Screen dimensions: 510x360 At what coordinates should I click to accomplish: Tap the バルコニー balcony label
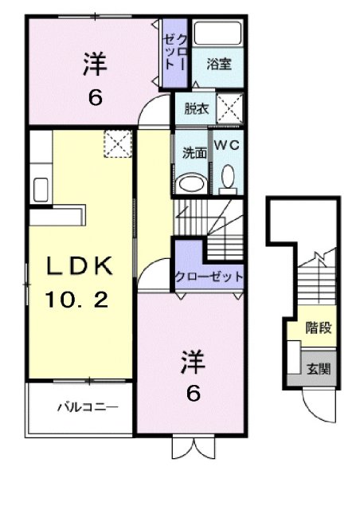(87, 408)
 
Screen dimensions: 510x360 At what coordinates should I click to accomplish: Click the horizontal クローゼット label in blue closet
(209, 277)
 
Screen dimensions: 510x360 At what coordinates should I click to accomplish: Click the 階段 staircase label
(319, 327)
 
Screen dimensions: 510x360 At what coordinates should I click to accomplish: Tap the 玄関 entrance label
(319, 369)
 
